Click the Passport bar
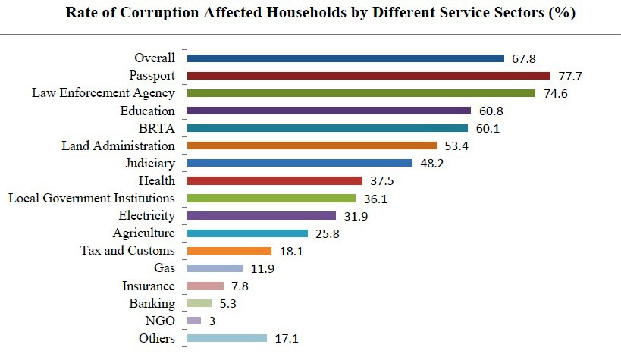click(x=368, y=76)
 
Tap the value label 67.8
click(x=525, y=58)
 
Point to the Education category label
click(x=147, y=111)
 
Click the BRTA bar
click(x=327, y=128)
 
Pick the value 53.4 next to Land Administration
click(x=457, y=146)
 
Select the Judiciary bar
click(x=299, y=163)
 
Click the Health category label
click(x=157, y=180)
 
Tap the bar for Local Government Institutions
click(x=271, y=198)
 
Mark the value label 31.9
click(x=356, y=216)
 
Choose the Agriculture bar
click(x=246, y=233)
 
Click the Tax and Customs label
click(x=127, y=251)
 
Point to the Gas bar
click(x=214, y=268)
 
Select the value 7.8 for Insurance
click(x=241, y=286)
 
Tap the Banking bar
click(x=199, y=303)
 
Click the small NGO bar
click(x=193, y=321)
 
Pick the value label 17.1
click(x=287, y=339)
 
